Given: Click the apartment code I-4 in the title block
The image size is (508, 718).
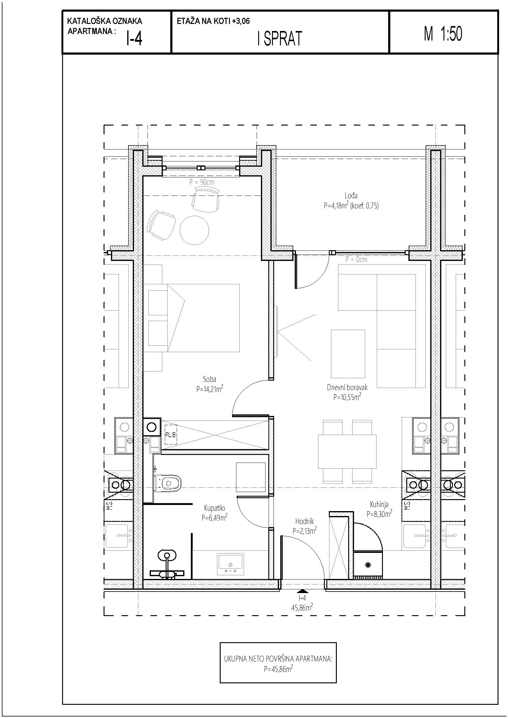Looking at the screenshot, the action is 134,39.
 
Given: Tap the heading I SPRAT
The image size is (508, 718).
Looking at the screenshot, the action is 280,39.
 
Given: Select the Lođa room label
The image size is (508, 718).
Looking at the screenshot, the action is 351,196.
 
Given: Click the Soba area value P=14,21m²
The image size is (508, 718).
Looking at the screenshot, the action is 210,389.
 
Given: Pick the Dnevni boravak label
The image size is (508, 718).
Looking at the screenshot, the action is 347,387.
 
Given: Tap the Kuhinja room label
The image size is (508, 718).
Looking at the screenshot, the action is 379,504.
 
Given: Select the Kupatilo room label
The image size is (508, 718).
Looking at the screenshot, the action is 215,508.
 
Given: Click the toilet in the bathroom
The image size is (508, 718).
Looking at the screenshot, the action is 168,483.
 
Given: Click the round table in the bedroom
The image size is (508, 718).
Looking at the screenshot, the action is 194,231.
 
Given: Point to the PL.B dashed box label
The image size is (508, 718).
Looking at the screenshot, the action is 171,434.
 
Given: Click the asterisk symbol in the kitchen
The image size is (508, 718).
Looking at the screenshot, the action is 368,565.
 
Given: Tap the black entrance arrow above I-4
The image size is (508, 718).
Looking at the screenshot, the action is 302,591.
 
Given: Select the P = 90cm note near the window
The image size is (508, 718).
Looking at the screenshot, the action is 202,182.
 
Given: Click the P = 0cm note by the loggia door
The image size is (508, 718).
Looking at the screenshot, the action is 356,259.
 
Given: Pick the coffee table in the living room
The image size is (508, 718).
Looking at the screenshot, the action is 348,353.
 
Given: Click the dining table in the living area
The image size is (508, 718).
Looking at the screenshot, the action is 347,451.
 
